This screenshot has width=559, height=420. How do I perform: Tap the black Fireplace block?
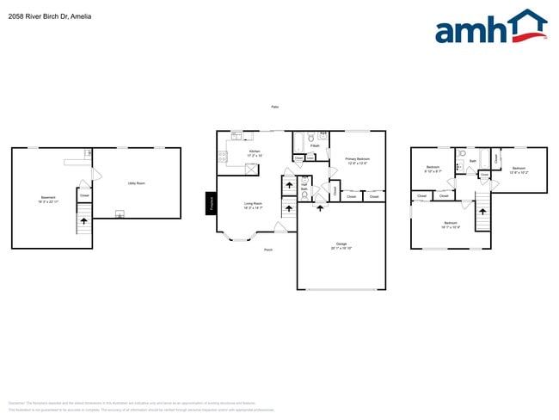point(210,202)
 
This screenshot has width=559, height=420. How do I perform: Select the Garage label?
point(341,246)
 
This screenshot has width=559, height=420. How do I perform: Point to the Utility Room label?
point(136,183)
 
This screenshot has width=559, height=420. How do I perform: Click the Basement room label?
point(48,199)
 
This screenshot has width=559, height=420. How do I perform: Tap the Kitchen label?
point(255,153)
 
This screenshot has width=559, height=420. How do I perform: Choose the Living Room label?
point(253,206)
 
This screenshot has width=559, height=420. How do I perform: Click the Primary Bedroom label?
point(357,160)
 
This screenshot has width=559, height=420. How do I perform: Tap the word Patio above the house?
point(275,107)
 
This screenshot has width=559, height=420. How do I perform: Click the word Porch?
point(268,250)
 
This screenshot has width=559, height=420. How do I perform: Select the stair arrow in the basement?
point(84,222)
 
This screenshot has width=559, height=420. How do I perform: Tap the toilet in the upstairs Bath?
point(461,164)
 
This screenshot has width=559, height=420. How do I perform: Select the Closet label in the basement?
point(84,195)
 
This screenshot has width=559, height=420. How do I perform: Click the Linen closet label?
point(310,158)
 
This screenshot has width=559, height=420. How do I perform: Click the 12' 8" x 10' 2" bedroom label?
point(519,170)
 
